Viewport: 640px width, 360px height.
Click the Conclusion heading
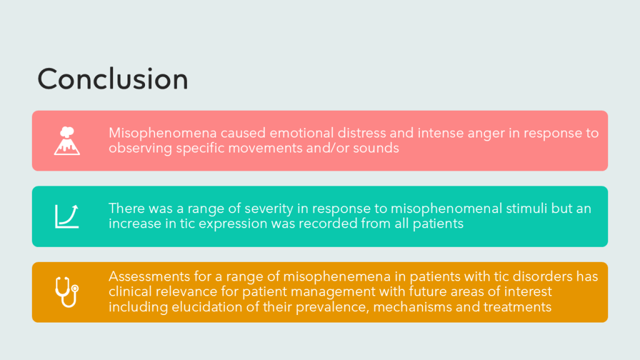[x=112, y=79]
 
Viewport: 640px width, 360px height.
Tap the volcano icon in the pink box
[x=67, y=141]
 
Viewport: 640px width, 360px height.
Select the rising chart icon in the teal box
[x=67, y=216]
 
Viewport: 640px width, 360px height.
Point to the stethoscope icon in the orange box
[x=67, y=292]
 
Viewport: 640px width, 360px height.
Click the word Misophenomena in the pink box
[x=162, y=134]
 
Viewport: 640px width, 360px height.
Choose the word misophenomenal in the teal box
[x=446, y=209]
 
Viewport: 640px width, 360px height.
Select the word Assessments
[x=149, y=277]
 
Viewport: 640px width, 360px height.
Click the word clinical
[x=130, y=291]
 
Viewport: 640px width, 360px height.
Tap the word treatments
[x=517, y=307]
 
